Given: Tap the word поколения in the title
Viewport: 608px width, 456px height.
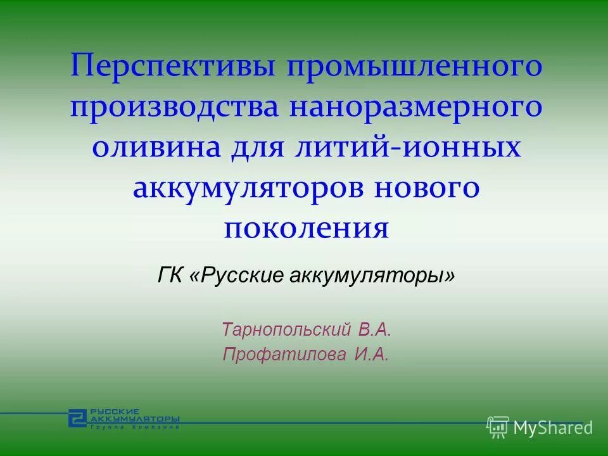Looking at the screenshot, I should coord(306,228).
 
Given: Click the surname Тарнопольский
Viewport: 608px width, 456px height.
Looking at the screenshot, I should coord(287,329).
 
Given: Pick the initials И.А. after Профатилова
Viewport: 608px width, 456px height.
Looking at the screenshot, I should coord(370,355).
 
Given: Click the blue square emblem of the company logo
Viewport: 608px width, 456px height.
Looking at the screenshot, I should coord(77,417).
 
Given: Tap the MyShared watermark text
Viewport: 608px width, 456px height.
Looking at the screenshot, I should coord(553,427).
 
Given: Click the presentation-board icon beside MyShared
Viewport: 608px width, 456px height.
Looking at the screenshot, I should coord(498,427).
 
